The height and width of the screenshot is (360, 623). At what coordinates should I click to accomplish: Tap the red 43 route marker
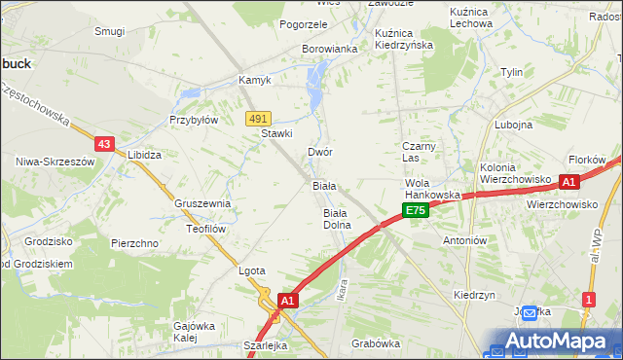pyautogui.click(x=105, y=143)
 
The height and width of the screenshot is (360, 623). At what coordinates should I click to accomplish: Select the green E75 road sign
pyautogui.click(x=416, y=210)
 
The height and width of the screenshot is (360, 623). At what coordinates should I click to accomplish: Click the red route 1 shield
pyautogui.click(x=587, y=300)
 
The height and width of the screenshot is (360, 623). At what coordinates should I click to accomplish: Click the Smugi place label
pyautogui.click(x=110, y=31)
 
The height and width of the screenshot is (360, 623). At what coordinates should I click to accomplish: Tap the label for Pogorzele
pyautogui.click(x=304, y=24)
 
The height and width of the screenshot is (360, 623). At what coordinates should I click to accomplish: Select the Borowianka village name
pyautogui.click(x=330, y=48)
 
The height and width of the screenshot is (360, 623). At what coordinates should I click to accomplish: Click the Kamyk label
pyautogui.click(x=255, y=81)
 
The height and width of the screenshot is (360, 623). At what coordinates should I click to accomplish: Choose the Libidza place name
pyautogui.click(x=145, y=155)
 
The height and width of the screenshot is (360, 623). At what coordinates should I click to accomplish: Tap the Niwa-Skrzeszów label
pyautogui.click(x=47, y=161)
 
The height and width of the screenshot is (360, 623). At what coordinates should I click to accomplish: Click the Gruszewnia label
pyautogui.click(x=202, y=203)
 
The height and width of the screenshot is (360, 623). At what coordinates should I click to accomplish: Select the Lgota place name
pyautogui.click(x=252, y=271)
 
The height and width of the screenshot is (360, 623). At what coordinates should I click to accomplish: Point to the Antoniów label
pyautogui.click(x=464, y=239)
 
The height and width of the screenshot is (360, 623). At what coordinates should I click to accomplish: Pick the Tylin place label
pyautogui.click(x=511, y=73)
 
